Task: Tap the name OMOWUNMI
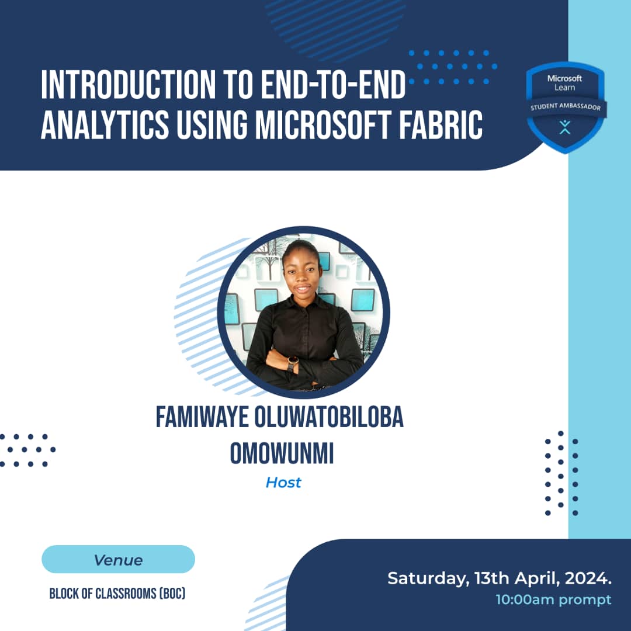282,453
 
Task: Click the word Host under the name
283,483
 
